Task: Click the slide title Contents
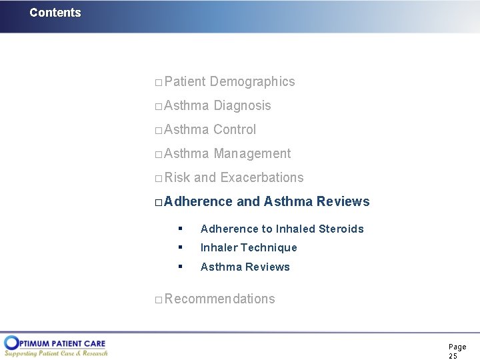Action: [55, 13]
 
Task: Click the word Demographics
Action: [252, 81]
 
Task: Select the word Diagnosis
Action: [242, 105]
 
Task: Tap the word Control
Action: [235, 129]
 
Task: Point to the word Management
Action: [252, 153]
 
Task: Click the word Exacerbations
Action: [261, 177]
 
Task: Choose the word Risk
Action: [177, 177]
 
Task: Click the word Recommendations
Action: [219, 299]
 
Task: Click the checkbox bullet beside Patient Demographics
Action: [158, 83]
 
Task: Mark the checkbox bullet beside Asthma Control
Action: [158, 131]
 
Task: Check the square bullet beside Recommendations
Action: [158, 300]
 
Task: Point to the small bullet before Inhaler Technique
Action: [180, 247]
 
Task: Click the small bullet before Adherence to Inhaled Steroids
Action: [180, 229]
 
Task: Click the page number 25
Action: [453, 357]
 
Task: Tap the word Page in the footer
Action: [457, 347]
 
